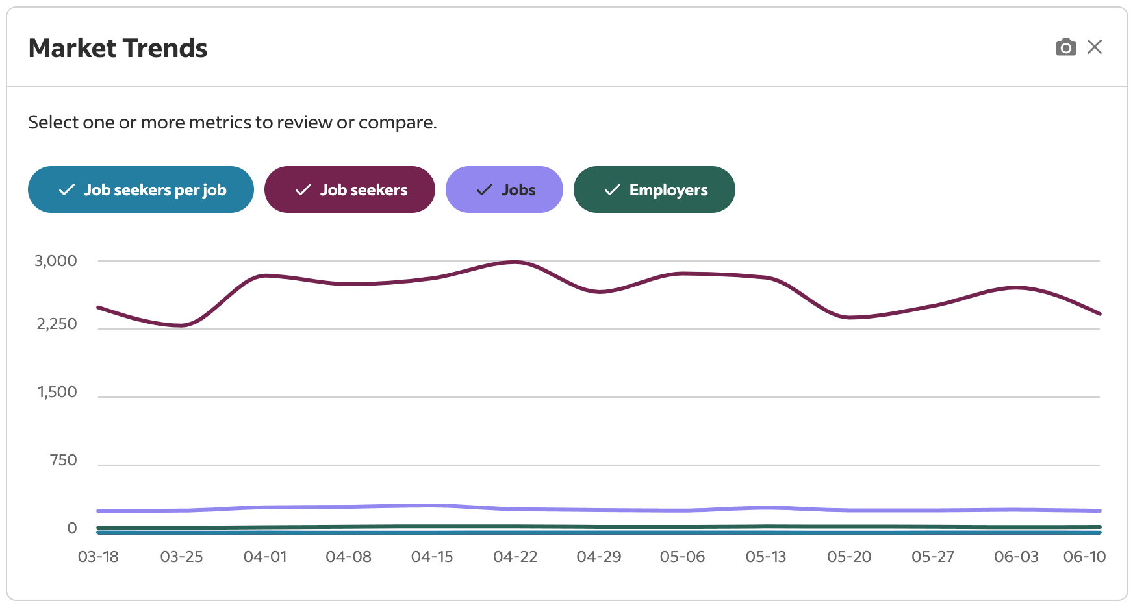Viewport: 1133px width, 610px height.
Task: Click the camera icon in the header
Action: [1065, 47]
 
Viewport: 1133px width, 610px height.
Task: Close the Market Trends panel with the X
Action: [1095, 47]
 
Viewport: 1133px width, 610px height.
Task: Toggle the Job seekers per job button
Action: [141, 189]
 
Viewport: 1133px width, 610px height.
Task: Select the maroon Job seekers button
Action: [350, 189]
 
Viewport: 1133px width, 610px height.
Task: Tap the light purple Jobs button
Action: [504, 189]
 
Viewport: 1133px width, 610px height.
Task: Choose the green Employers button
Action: [654, 189]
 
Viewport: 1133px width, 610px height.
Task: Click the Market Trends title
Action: [118, 48]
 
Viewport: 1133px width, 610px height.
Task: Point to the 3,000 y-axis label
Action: [56, 261]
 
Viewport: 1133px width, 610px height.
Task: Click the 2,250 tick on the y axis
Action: [57, 324]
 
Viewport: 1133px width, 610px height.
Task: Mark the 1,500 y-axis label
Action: [57, 392]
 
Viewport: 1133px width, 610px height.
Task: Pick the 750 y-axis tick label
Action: [64, 460]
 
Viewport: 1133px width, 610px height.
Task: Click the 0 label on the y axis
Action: [72, 528]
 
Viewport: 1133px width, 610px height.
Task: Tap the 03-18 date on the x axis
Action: [98, 557]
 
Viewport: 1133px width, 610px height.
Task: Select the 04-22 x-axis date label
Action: [515, 557]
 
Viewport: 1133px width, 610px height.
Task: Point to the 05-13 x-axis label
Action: [766, 557]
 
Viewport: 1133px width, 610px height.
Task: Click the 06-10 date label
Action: [1084, 557]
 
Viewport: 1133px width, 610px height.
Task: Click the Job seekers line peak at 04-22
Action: [515, 262]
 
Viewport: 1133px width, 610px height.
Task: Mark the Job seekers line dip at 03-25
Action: [183, 325]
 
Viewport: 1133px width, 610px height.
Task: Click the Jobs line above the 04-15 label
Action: [432, 506]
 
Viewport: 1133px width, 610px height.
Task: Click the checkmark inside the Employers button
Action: [612, 189]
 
